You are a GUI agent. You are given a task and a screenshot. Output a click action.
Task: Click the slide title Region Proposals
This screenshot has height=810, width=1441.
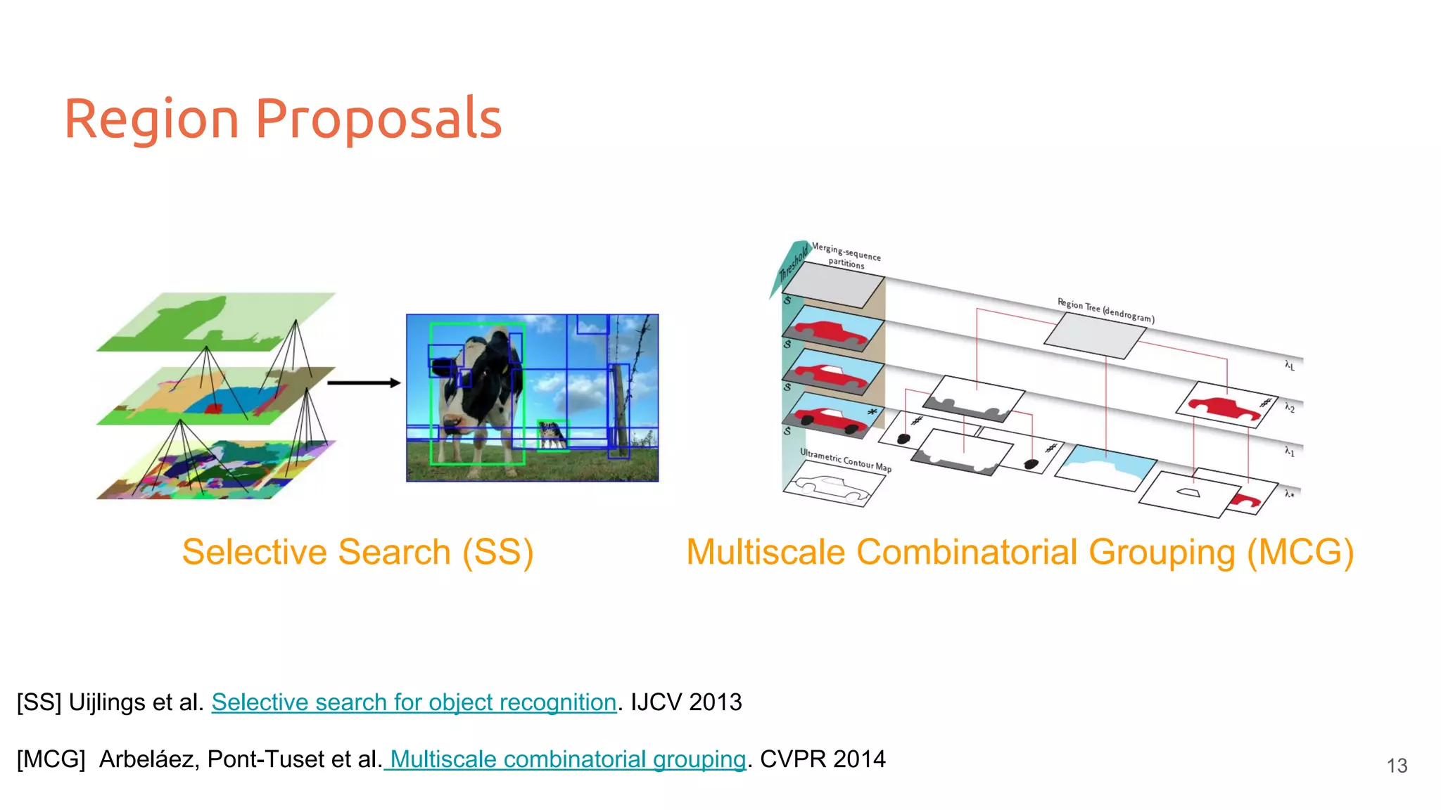(283, 118)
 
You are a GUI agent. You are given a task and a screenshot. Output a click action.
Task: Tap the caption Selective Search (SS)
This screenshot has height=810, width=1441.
(357, 552)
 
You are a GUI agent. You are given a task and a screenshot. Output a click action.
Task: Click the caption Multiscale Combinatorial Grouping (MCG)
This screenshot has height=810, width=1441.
(1020, 552)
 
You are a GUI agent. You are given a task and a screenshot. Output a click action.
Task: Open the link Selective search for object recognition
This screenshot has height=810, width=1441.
(414, 702)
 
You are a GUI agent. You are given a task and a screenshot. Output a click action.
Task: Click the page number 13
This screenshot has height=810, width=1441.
(1397, 766)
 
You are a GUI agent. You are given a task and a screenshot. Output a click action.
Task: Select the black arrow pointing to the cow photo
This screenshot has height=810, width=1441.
(363, 383)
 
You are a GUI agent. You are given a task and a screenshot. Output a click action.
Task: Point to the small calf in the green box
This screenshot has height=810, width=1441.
(552, 435)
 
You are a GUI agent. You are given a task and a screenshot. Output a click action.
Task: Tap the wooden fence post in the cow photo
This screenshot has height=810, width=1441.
(621, 408)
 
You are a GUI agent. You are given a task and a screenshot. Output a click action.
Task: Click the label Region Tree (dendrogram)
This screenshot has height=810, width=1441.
(1105, 310)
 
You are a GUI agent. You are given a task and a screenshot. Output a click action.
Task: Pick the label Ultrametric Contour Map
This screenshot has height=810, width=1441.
(845, 461)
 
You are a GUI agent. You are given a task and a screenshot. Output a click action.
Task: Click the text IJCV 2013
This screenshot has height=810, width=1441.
(686, 702)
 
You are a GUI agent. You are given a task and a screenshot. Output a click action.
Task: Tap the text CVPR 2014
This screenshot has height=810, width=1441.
(823, 759)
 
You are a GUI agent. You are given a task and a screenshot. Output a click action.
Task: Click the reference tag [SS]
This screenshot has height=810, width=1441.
(39, 702)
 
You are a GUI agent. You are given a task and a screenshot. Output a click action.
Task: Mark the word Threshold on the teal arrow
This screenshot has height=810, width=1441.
(794, 263)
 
